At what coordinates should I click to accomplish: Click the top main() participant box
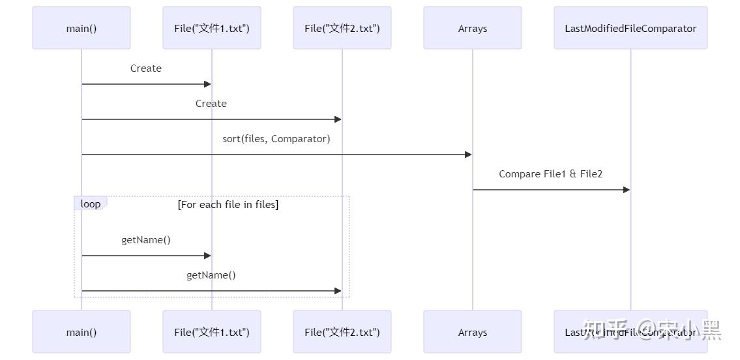click(81, 28)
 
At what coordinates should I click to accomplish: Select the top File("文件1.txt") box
click(212, 28)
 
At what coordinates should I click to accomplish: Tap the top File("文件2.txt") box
click(342, 28)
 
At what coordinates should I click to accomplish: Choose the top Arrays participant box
click(473, 28)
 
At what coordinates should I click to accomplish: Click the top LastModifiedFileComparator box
click(630, 28)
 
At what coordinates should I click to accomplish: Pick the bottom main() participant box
click(81, 332)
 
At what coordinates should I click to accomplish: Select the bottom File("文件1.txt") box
click(212, 332)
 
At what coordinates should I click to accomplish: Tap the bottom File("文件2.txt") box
click(342, 332)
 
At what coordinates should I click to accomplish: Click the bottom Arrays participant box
click(473, 332)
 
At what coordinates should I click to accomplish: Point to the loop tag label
click(91, 204)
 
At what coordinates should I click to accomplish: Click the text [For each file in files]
click(228, 205)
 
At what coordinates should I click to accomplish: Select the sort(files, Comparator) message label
click(276, 139)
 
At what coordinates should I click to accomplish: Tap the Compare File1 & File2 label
click(551, 174)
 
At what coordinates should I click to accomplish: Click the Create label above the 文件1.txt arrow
click(146, 68)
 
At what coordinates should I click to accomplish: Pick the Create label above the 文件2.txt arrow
click(211, 104)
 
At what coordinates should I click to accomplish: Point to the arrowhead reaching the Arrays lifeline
click(468, 155)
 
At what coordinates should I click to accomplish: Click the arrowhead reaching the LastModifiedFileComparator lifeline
click(627, 190)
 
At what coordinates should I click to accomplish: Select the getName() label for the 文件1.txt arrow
click(146, 240)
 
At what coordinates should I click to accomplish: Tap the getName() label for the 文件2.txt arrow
click(211, 275)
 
